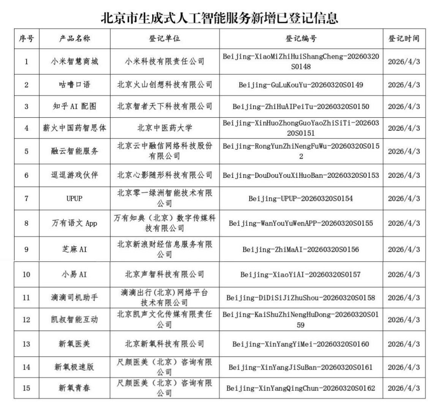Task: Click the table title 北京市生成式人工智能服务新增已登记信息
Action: coord(219,18)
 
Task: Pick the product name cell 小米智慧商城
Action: coord(75,62)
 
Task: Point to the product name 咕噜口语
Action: coord(75,85)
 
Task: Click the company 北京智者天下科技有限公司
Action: coord(165,107)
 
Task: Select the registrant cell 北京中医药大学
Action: coord(165,128)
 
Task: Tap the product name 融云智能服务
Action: coord(75,151)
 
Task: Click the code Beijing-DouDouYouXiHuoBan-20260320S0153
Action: coord(301,175)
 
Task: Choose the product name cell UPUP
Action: coord(75,198)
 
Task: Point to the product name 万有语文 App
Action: coord(75,223)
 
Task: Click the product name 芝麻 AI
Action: coord(75,249)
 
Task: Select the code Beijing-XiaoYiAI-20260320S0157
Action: coord(301,275)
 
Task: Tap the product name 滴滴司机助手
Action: coord(75,297)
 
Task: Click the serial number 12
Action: coord(26,320)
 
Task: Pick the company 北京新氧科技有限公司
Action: coord(165,344)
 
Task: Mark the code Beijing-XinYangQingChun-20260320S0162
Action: coord(301,389)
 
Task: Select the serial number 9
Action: coord(26,249)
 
